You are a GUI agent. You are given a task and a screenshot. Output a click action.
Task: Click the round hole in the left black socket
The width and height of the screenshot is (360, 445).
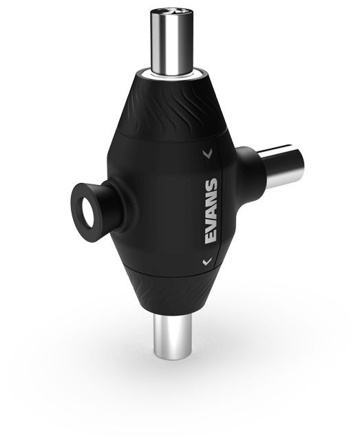point(87,213)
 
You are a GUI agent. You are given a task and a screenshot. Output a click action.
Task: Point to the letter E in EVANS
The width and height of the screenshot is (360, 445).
point(211,238)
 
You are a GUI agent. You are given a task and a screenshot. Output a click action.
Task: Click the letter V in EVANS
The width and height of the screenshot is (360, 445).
point(211,224)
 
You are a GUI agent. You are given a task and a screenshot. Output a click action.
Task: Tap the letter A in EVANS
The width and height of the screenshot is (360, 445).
point(211,210)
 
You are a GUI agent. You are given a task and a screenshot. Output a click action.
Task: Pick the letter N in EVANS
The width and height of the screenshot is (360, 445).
point(211,197)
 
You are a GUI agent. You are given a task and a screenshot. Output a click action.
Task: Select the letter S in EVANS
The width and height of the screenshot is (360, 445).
point(211,184)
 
